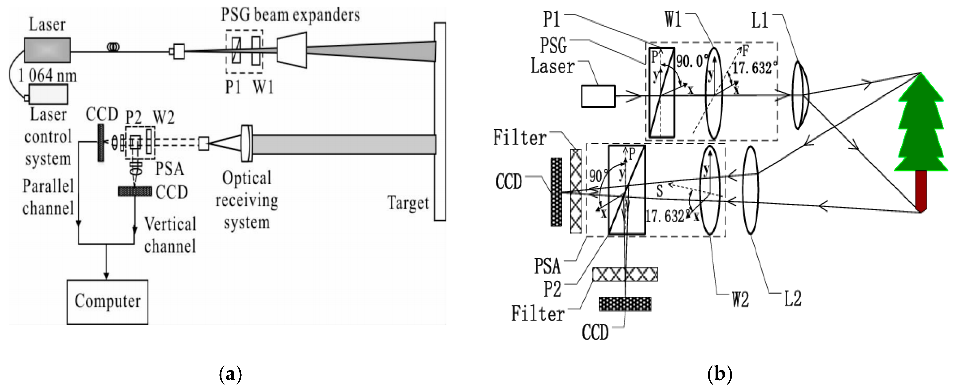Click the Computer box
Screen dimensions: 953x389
coord(108,302)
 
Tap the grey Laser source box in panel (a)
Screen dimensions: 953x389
coord(47,50)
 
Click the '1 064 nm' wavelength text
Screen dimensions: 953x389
coord(47,76)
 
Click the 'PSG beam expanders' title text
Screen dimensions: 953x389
coord(290,15)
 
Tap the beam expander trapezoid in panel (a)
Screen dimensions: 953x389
coord(292,50)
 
